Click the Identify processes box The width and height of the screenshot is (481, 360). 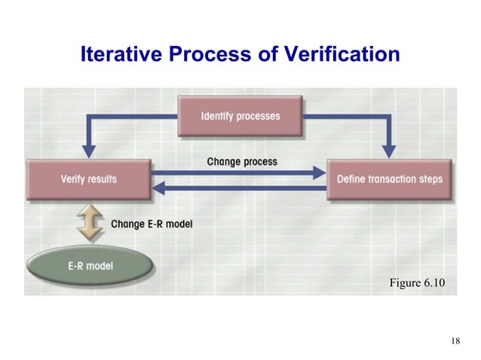(240, 117)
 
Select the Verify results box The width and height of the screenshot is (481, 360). (88, 179)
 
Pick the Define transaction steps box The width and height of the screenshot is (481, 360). (389, 179)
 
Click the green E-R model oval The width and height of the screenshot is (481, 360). (90, 266)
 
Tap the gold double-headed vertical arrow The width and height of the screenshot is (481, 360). (90, 224)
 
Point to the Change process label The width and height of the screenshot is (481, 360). (241, 161)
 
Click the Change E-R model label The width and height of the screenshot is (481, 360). (151, 223)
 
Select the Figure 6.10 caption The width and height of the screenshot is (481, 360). (417, 282)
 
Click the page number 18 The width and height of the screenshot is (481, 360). (455, 341)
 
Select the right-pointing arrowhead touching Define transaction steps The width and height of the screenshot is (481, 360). (318, 172)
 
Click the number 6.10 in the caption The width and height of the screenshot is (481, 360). (434, 282)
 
